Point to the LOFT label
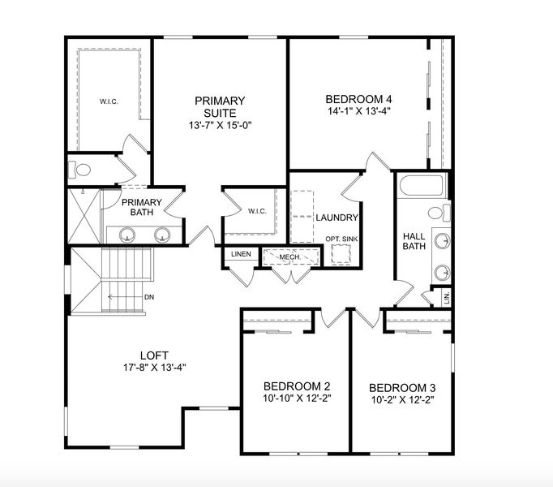[154, 355]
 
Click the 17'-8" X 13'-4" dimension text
[154, 366]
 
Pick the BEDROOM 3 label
[401, 387]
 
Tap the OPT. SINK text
[341, 239]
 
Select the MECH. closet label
[289, 256]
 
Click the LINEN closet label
[241, 254]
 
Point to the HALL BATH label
[414, 241]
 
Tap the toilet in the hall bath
[437, 213]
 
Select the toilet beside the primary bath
[81, 170]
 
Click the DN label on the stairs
[149, 297]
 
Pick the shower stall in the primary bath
[84, 214]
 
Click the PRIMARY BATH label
[142, 207]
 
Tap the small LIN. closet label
[447, 298]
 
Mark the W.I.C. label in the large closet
[109, 101]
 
